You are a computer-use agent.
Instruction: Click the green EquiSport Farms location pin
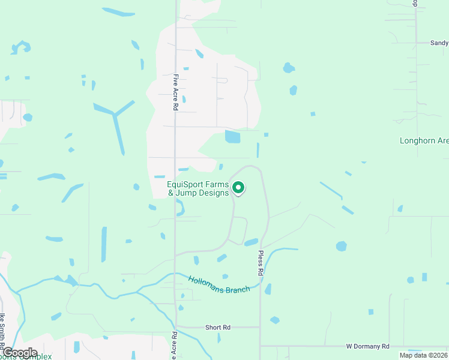pyautogui.click(x=238, y=188)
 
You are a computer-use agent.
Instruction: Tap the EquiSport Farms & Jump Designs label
pyautogui.click(x=198, y=188)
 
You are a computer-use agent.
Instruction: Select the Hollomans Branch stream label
pyautogui.click(x=218, y=285)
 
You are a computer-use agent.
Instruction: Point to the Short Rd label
pyautogui.click(x=218, y=328)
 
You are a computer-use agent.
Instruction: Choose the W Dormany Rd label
pyautogui.click(x=367, y=347)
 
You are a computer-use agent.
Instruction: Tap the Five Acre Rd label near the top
pyautogui.click(x=176, y=91)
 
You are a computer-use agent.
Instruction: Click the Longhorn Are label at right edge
pyautogui.click(x=424, y=140)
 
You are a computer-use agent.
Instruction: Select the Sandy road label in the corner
pyautogui.click(x=439, y=43)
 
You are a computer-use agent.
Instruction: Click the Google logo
pyautogui.click(x=20, y=352)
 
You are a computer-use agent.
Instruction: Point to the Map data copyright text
pyautogui.click(x=423, y=355)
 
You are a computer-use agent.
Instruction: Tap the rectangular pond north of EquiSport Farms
pyautogui.click(x=232, y=137)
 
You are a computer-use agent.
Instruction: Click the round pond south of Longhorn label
pyautogui.click(x=341, y=246)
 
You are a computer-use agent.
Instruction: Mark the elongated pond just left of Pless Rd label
pyautogui.click(x=251, y=242)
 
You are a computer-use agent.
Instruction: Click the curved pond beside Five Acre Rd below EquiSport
pyautogui.click(x=181, y=208)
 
